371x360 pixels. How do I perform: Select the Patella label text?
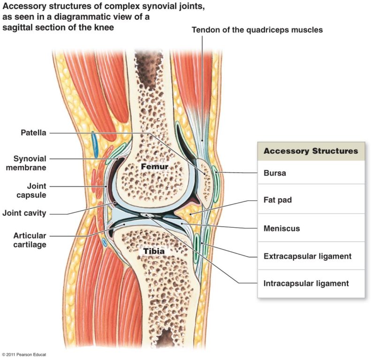coord(33,133)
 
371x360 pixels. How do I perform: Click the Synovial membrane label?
coord(30,163)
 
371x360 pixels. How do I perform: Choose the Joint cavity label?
coord(24,213)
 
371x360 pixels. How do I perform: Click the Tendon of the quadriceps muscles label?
coord(257,30)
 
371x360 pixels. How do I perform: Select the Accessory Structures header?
coord(310,151)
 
